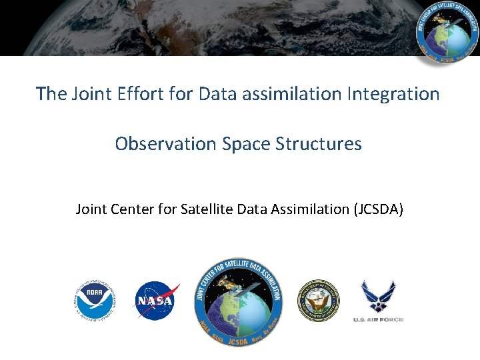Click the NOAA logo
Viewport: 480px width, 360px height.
95,301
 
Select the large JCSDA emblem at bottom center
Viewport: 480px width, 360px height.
239,301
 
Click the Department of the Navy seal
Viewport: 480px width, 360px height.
318,301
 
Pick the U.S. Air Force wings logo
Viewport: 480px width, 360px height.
378,296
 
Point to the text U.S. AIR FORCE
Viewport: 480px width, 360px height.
378,320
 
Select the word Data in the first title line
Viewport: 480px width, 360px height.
219,94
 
